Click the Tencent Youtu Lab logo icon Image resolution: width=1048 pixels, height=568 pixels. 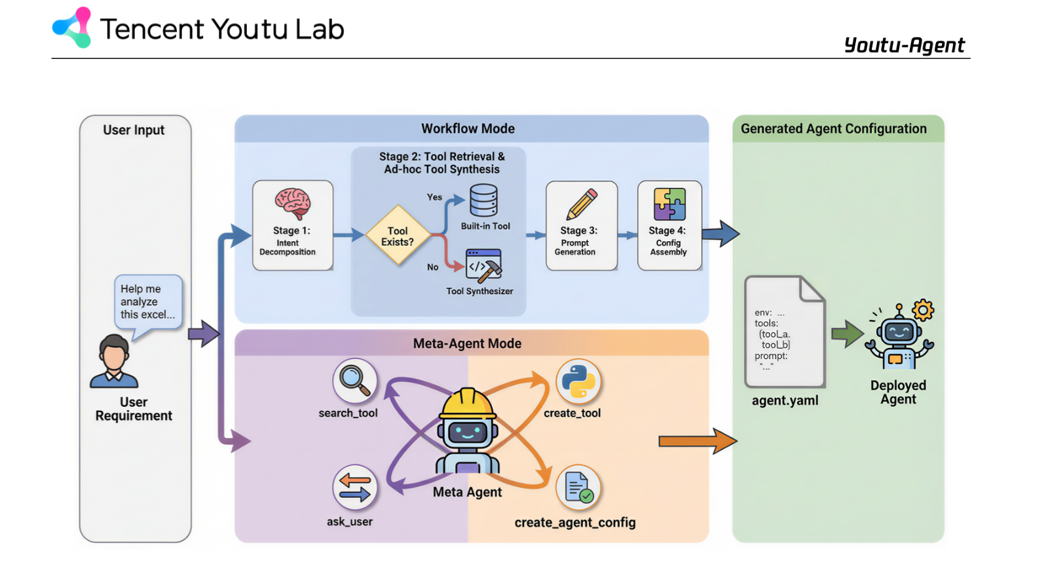tap(72, 28)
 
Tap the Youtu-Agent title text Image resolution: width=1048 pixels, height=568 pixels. tap(904, 45)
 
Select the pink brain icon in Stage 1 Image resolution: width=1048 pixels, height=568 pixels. tap(292, 202)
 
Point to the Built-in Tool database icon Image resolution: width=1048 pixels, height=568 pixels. tap(484, 200)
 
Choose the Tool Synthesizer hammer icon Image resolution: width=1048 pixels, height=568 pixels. tap(483, 265)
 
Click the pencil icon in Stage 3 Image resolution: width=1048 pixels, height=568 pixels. tap(582, 204)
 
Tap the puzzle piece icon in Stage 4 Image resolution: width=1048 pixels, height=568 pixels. tap(669, 204)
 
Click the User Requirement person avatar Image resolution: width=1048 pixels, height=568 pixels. tap(114, 361)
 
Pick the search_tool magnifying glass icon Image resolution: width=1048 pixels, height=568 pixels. tap(354, 380)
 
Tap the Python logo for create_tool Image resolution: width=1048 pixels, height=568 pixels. tap(578, 381)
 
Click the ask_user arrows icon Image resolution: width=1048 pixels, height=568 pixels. tap(354, 487)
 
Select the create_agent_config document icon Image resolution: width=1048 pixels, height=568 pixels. tap(578, 487)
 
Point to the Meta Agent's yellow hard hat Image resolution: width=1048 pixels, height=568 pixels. tap(467, 403)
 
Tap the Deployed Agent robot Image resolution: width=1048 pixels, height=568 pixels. tap(899, 337)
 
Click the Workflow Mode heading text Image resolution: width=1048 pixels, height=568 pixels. tap(468, 128)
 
